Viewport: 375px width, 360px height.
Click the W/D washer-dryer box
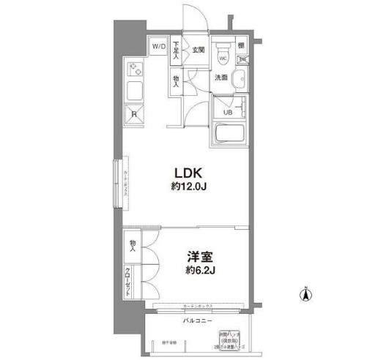click(159, 46)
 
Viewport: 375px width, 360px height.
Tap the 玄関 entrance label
click(198, 49)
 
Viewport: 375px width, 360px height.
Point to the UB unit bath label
click(227, 112)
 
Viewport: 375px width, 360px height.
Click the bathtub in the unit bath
click(231, 135)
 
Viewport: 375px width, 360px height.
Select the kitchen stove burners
click(135, 70)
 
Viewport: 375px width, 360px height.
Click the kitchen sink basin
click(135, 91)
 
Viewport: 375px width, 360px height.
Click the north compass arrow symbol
click(305, 296)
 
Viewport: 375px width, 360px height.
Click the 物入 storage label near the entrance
click(177, 80)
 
